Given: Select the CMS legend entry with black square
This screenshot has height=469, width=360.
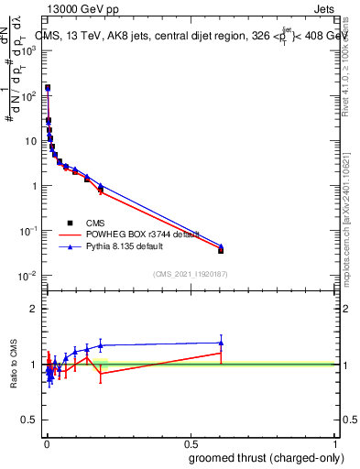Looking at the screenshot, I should point(94,223).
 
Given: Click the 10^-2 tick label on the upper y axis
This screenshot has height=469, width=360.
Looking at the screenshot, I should point(27,276).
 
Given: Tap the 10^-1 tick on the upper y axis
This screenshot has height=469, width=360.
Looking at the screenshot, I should point(27,231).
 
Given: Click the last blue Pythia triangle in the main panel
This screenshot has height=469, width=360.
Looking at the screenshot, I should point(221,245).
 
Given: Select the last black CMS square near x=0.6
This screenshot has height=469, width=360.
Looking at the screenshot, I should point(221,250).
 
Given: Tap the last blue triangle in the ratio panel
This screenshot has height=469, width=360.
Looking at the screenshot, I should point(221,343).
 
